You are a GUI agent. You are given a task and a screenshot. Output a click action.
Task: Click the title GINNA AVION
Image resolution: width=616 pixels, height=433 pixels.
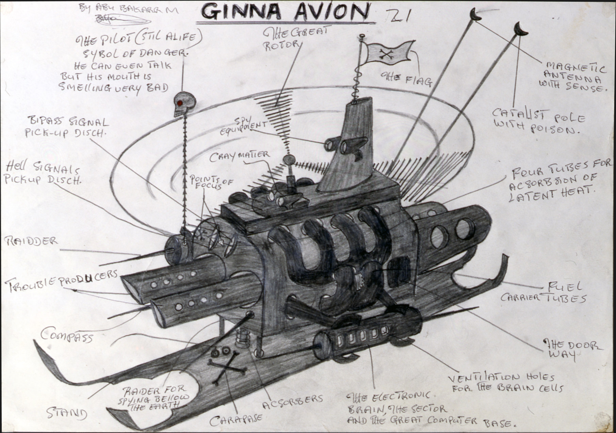coord(285,12)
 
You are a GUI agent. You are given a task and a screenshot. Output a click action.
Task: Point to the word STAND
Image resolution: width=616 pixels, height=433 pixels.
coord(67,413)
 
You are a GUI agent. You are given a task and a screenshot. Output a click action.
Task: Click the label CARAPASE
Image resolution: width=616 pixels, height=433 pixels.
coord(236,420)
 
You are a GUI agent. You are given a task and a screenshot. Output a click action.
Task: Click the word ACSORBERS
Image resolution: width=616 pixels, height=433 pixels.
coord(293,401)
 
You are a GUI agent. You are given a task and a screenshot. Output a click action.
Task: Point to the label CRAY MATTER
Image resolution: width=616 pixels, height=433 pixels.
coord(239,156)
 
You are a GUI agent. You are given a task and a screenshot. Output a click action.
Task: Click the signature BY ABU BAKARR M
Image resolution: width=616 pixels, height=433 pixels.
coord(128,9)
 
